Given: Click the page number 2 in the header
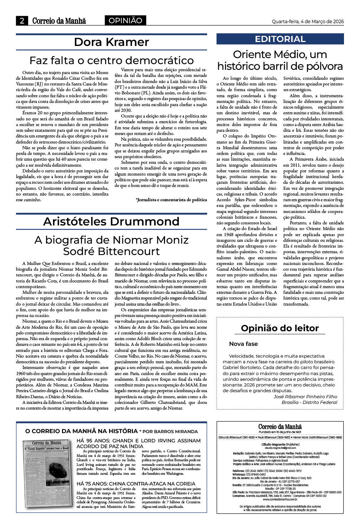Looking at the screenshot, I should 22,21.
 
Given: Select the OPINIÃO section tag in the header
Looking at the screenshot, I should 125,21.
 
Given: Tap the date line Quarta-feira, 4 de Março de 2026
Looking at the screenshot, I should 308,21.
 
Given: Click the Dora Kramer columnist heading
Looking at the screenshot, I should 111,42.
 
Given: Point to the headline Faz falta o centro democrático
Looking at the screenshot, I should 111,60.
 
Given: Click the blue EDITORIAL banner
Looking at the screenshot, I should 280,39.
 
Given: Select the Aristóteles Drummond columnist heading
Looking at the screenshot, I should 111,222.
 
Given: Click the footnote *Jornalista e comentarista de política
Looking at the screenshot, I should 171,200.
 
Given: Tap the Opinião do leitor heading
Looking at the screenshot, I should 280,328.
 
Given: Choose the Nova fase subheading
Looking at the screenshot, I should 243,344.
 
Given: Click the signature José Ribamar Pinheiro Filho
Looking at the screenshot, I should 305,396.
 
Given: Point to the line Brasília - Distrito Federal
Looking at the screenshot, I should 309,402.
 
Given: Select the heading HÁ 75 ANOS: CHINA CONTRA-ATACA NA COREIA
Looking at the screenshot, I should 136,484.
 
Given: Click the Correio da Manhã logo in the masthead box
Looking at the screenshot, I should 280,427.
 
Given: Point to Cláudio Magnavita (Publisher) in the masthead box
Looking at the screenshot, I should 280,445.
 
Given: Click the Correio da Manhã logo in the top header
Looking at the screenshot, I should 59,21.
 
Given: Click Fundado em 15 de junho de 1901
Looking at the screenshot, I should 280,432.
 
